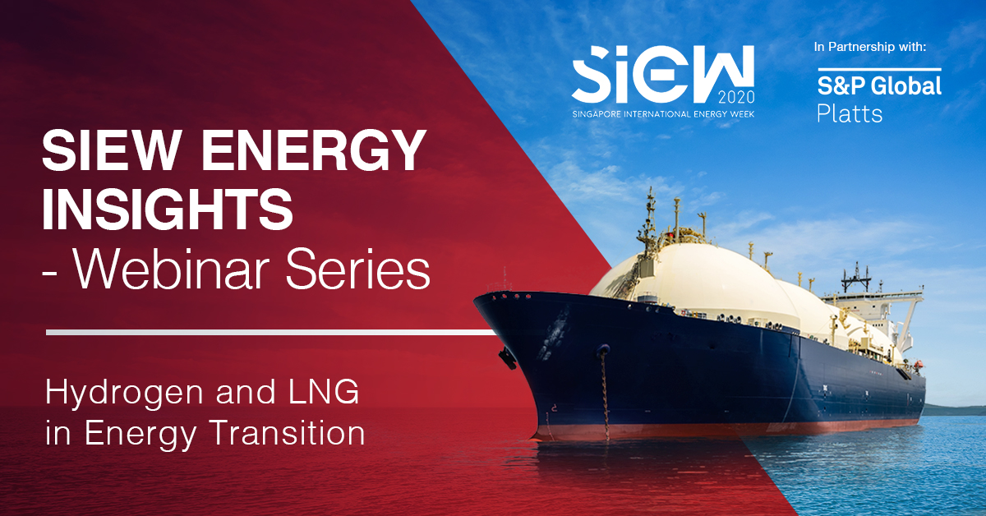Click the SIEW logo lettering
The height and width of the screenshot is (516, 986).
tap(663, 75)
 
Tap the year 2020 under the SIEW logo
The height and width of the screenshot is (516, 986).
tap(736, 97)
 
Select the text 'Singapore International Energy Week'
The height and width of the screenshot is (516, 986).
tap(663, 114)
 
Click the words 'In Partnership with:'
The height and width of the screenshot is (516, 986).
tap(870, 47)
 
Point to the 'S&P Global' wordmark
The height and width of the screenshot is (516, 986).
tap(879, 85)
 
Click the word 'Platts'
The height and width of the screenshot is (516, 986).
tap(850, 113)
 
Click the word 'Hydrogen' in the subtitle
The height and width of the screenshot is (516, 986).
tap(124, 394)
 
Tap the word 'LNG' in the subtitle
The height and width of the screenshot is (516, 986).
tap(324, 391)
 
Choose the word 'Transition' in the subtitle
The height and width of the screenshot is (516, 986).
tap(288, 433)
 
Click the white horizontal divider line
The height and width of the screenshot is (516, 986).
tap(271, 333)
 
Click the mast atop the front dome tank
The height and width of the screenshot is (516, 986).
tap(649, 220)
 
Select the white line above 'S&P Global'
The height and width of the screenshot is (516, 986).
tap(879, 69)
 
